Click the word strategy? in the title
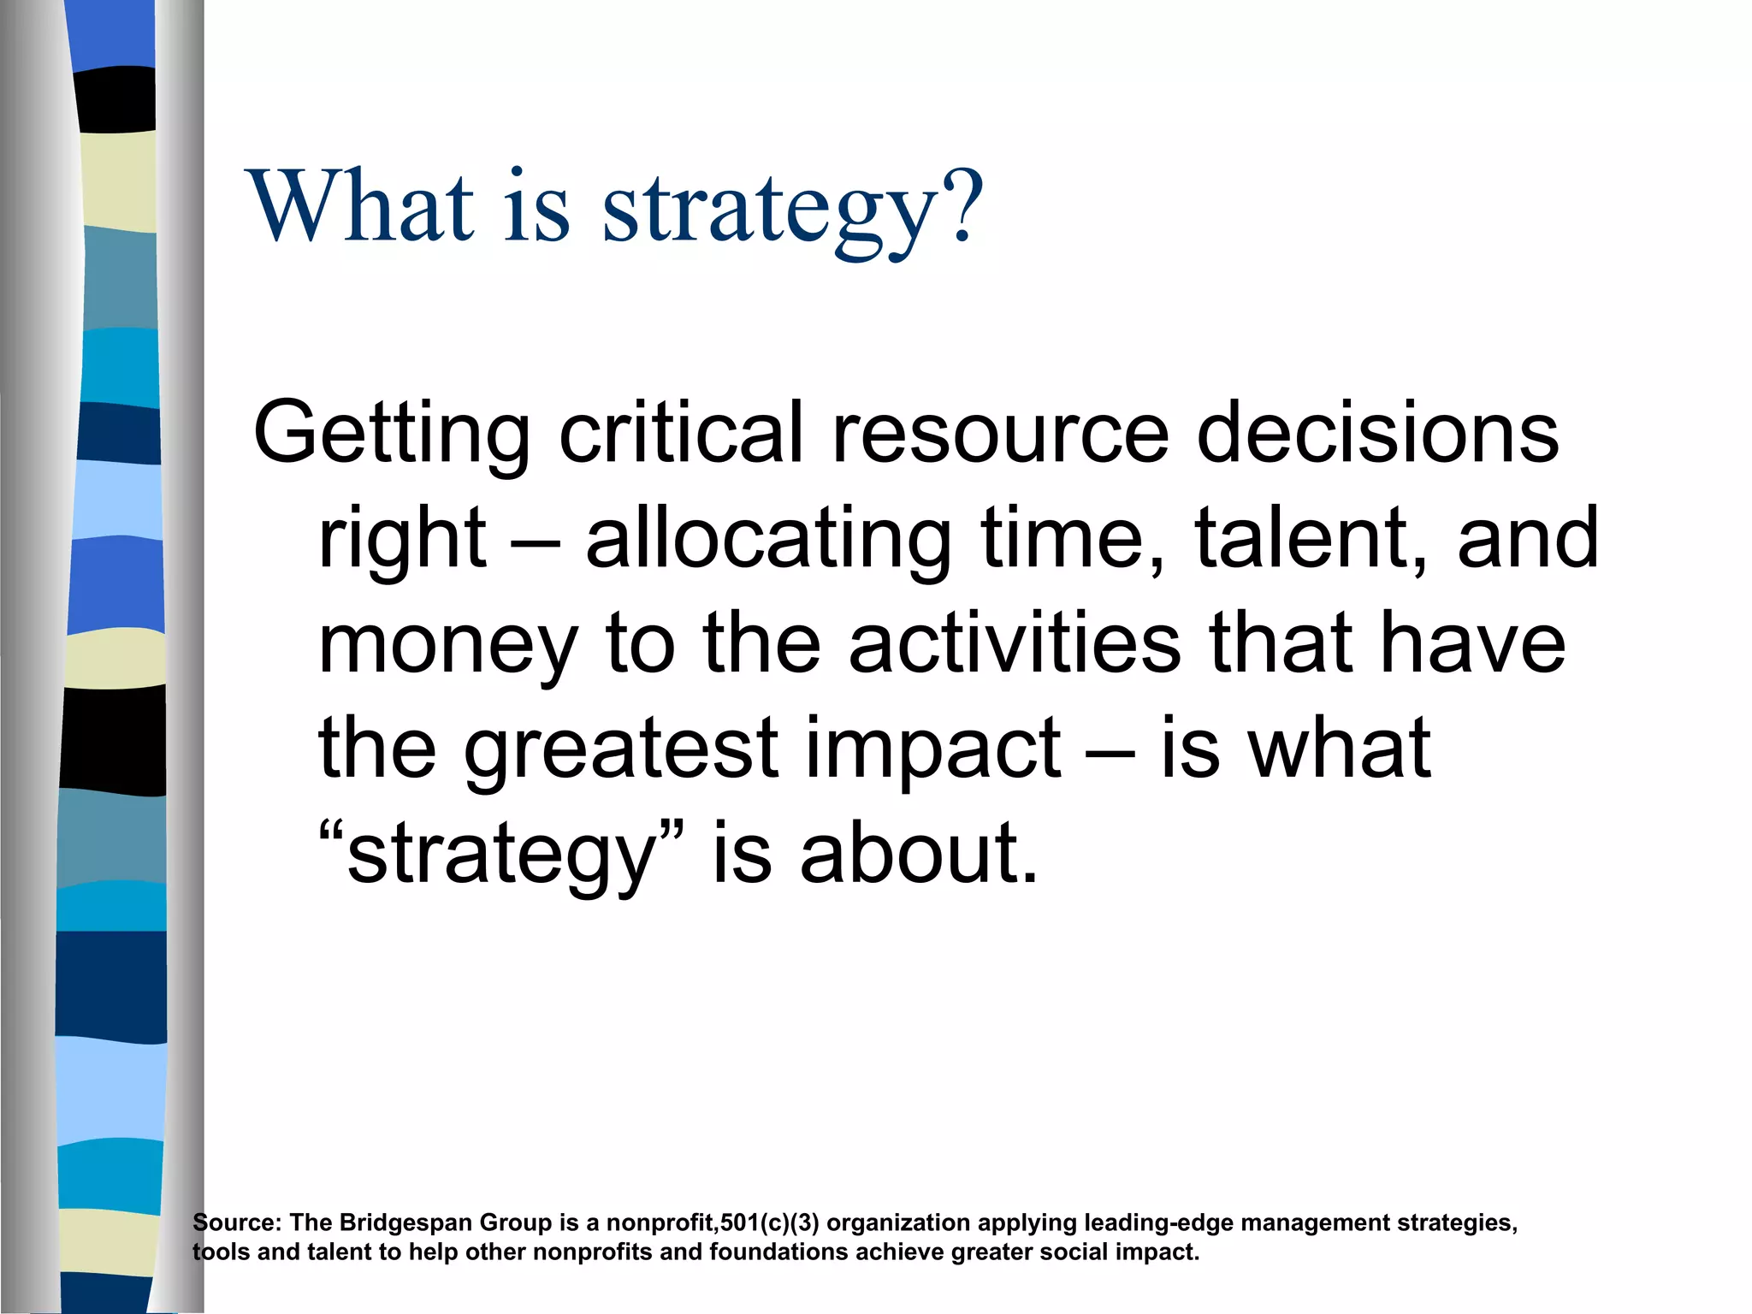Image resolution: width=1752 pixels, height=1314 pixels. pos(792,208)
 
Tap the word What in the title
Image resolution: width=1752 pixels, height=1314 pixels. pos(359,208)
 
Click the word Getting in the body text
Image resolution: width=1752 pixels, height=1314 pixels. pos(391,435)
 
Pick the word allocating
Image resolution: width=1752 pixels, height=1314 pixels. pos(767,539)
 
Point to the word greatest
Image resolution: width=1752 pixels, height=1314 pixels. pos(621,750)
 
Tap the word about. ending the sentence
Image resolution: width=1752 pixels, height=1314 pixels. pos(919,854)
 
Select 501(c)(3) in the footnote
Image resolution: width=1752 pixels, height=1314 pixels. pos(769,1222)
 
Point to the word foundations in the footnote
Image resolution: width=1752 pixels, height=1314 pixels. pos(778,1252)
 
